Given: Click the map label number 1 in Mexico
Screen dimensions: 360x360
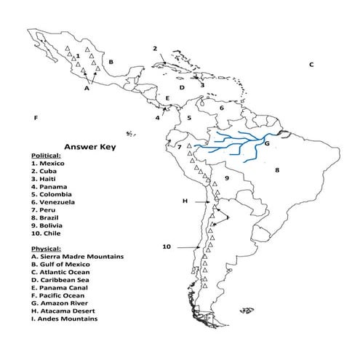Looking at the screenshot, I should coord(78,55).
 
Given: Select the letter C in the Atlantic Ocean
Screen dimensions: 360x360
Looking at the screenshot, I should coord(311,65).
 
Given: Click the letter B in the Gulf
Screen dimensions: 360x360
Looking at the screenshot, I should coord(111,63).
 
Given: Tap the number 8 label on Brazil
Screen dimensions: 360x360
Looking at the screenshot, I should coord(276,170).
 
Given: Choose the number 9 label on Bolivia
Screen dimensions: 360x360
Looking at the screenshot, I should coord(227,177).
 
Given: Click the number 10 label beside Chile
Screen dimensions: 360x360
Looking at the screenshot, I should coord(167,247).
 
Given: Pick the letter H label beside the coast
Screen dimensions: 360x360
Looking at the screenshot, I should coord(185,200).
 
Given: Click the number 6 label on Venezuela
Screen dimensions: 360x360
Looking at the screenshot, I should coord(222,108).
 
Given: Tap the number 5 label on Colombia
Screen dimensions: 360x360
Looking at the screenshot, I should coord(188,117).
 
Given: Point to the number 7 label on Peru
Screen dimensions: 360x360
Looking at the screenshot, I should coord(179,148).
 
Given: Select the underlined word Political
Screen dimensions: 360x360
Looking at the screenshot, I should coord(46,156).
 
